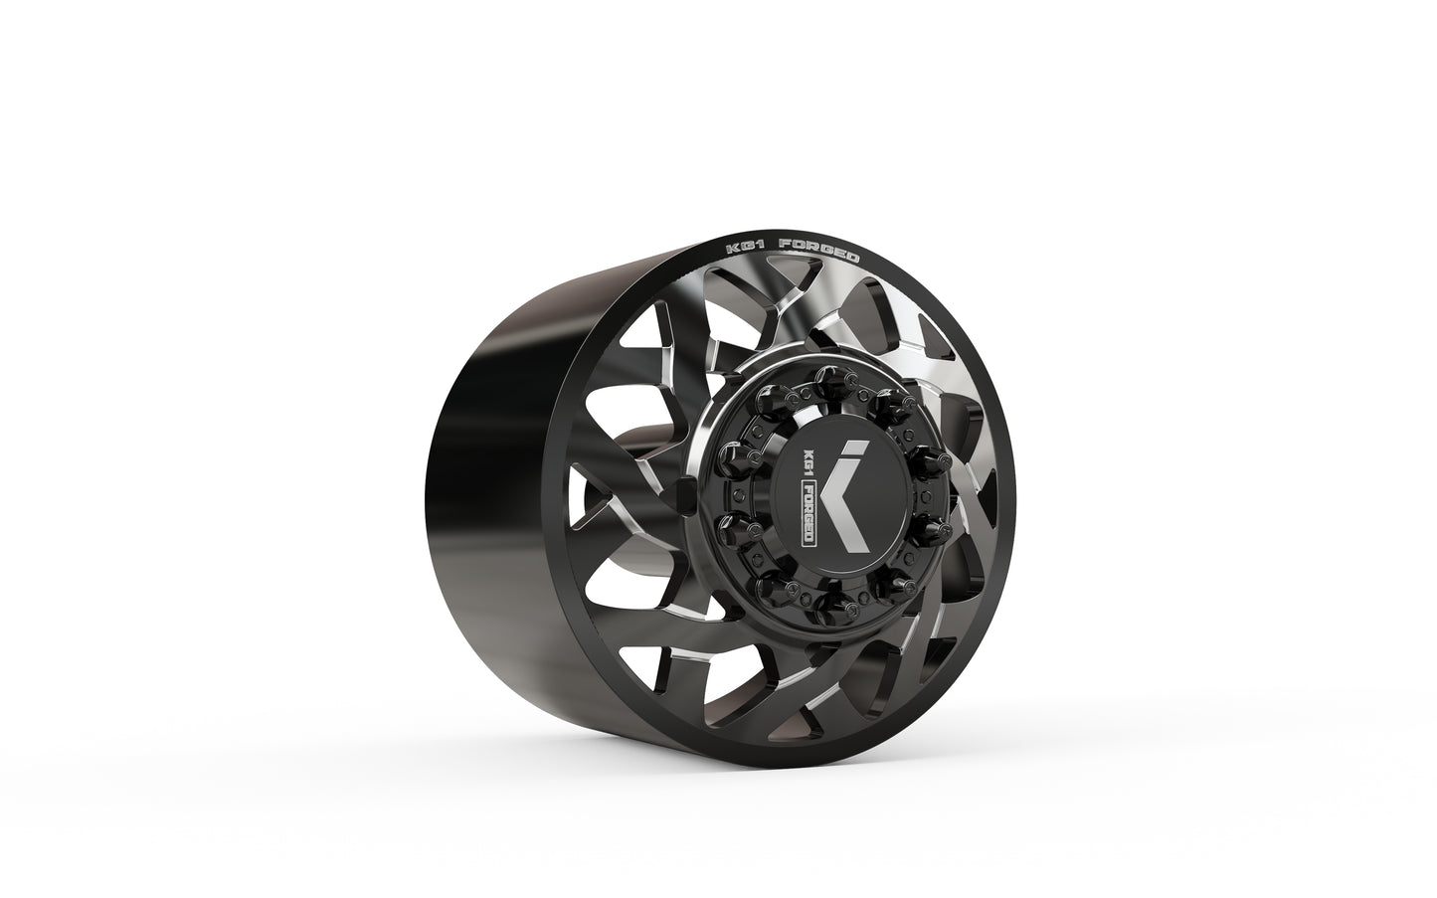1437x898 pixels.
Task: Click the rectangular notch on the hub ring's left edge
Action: tap(683, 491)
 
